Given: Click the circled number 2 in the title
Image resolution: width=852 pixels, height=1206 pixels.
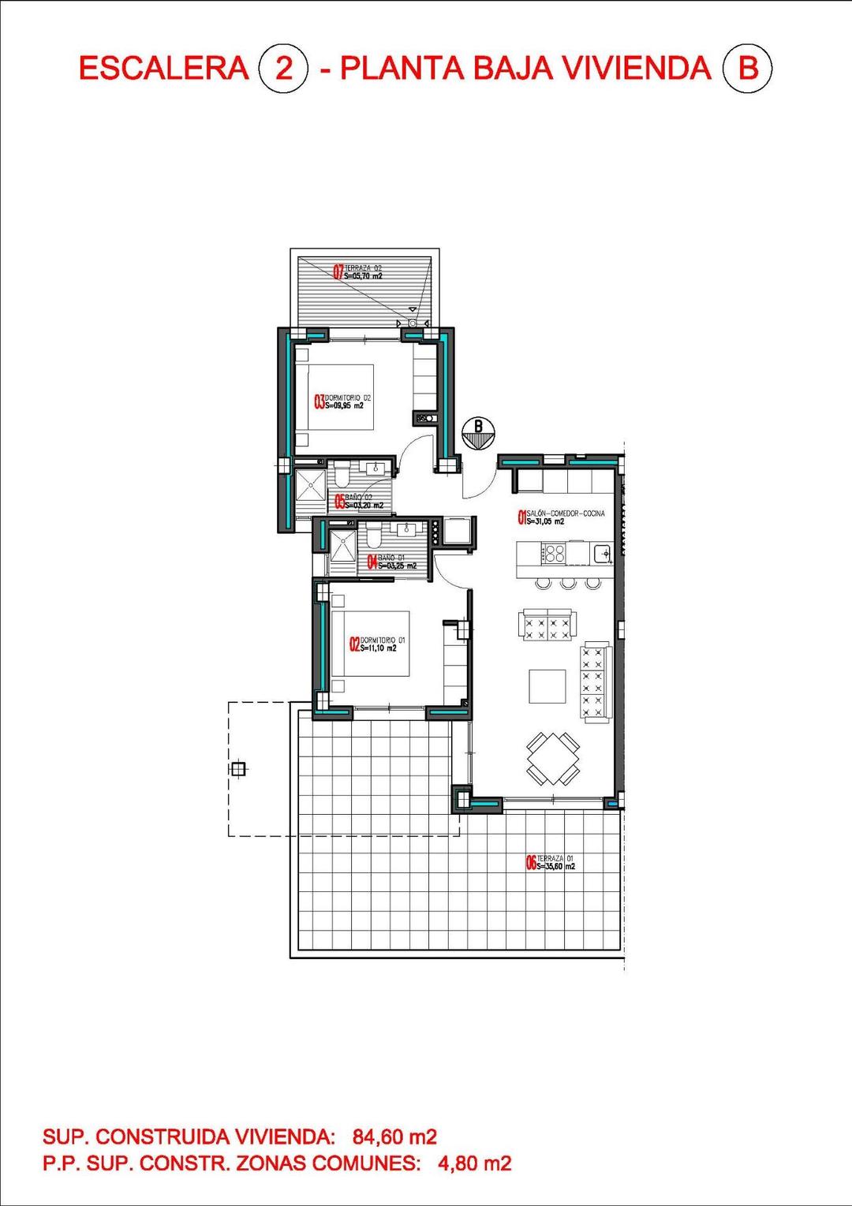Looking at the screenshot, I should (282, 69).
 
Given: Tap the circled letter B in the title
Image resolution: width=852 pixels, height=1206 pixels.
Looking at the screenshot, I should (746, 69).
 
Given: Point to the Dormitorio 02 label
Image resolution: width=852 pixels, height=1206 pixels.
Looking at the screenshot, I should (342, 401).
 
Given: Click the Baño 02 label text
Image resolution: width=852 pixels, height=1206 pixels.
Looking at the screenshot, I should (360, 501).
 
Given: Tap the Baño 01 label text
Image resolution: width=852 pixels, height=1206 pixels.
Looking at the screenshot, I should (386, 561).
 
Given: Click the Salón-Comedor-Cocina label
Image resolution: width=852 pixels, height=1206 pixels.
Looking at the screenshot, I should (561, 517).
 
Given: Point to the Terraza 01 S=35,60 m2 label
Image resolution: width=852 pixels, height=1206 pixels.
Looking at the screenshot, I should (551, 862).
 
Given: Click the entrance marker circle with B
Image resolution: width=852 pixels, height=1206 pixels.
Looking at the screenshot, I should (478, 433).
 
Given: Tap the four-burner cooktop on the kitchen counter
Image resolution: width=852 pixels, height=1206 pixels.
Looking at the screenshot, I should (554, 554).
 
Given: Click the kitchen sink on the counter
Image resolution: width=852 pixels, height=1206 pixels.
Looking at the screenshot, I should (602, 553).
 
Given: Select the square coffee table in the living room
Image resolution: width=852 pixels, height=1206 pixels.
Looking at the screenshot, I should (547, 686).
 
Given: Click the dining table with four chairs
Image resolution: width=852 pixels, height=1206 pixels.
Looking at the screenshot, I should (553, 758).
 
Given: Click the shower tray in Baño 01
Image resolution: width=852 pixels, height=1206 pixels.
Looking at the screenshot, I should (343, 546).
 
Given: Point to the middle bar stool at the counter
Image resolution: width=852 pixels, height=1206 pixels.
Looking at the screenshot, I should (567, 583).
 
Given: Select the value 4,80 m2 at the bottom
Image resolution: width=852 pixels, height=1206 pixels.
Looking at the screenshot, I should (474, 1163).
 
